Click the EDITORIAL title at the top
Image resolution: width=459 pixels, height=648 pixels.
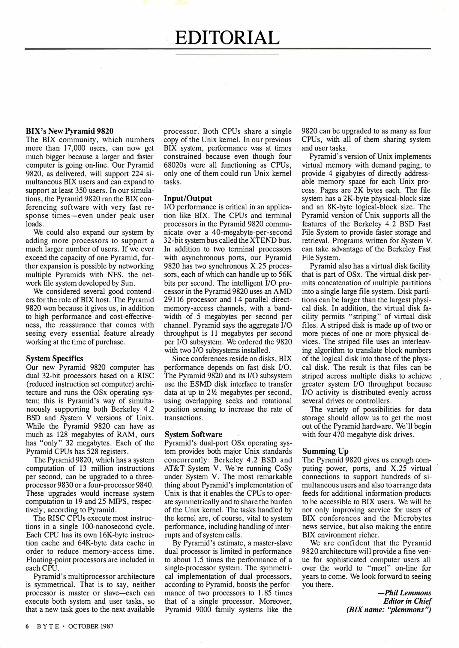coord(227,38)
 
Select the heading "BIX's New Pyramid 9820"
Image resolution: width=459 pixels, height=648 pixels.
coord(70,131)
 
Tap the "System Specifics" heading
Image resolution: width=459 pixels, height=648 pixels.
coord(54,358)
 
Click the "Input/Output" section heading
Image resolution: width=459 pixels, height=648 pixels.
coord(188,198)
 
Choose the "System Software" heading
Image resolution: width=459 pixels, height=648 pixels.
coord(193,434)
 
